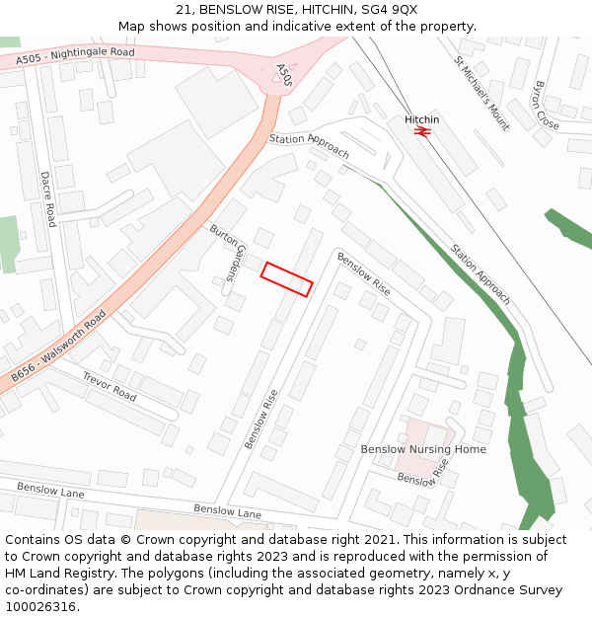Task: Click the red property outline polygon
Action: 286,279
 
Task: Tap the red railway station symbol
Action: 423,131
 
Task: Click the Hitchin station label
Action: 422,119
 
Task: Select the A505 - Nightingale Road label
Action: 75,57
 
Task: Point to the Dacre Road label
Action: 47,197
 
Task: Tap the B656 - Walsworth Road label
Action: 59,347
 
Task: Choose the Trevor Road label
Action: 109,386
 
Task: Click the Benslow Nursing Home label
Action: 423,449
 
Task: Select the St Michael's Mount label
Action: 481,93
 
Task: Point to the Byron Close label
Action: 546,105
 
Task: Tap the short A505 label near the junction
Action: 284,75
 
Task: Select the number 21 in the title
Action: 183,9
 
